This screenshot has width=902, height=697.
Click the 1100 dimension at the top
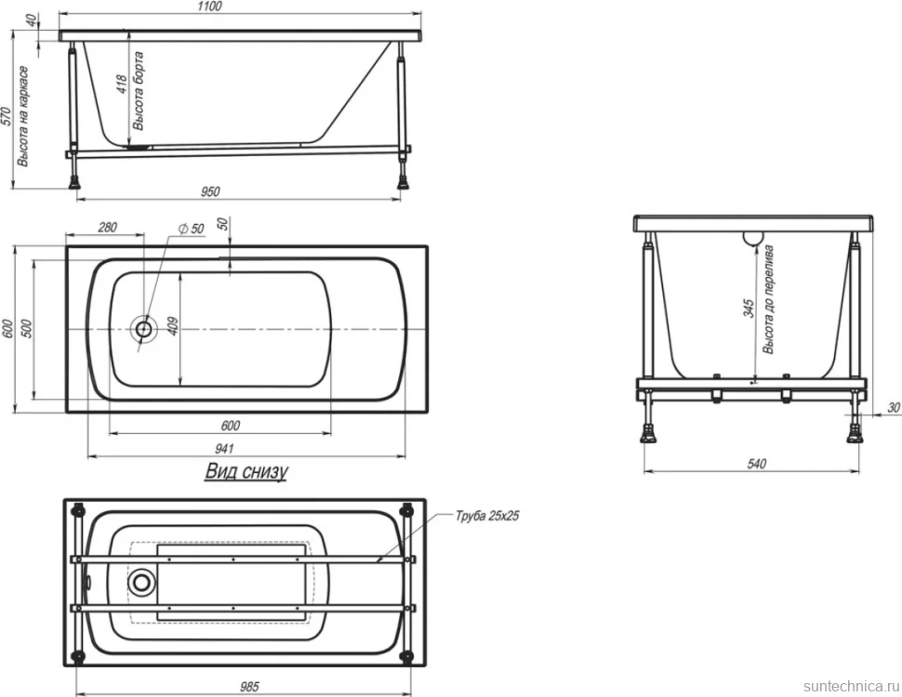[209, 7]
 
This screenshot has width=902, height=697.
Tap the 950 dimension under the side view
[210, 191]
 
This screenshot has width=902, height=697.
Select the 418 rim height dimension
[122, 85]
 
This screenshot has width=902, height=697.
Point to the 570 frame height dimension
[7, 118]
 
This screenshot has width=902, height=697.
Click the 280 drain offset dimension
[108, 227]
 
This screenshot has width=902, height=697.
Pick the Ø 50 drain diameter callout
[192, 229]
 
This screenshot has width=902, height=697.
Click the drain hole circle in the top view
[143, 329]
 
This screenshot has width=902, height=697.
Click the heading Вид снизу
[246, 471]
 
